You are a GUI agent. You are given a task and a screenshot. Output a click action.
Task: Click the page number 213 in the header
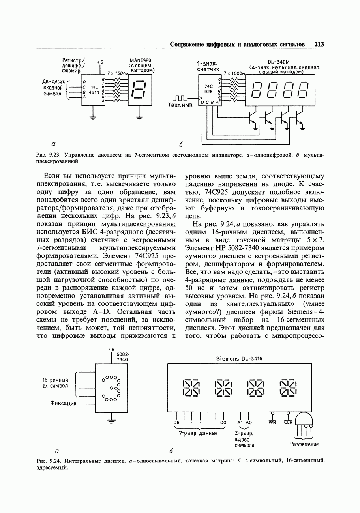(319, 44)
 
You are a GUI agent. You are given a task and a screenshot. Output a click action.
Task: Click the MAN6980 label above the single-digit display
(140, 60)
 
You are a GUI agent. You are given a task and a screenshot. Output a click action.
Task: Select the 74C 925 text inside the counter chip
(208, 88)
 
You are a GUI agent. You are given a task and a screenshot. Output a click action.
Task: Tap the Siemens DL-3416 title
(239, 359)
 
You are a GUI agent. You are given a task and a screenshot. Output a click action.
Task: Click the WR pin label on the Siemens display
(272, 423)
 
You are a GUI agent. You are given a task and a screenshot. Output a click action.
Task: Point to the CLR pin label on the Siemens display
(288, 423)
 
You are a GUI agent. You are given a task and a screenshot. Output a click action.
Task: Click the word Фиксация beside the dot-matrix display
(63, 403)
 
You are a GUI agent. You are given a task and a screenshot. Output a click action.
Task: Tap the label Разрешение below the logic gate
(304, 444)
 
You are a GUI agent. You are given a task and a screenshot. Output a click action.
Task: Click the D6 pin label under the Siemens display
(176, 423)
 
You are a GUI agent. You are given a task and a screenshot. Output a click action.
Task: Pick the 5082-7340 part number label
(122, 357)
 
